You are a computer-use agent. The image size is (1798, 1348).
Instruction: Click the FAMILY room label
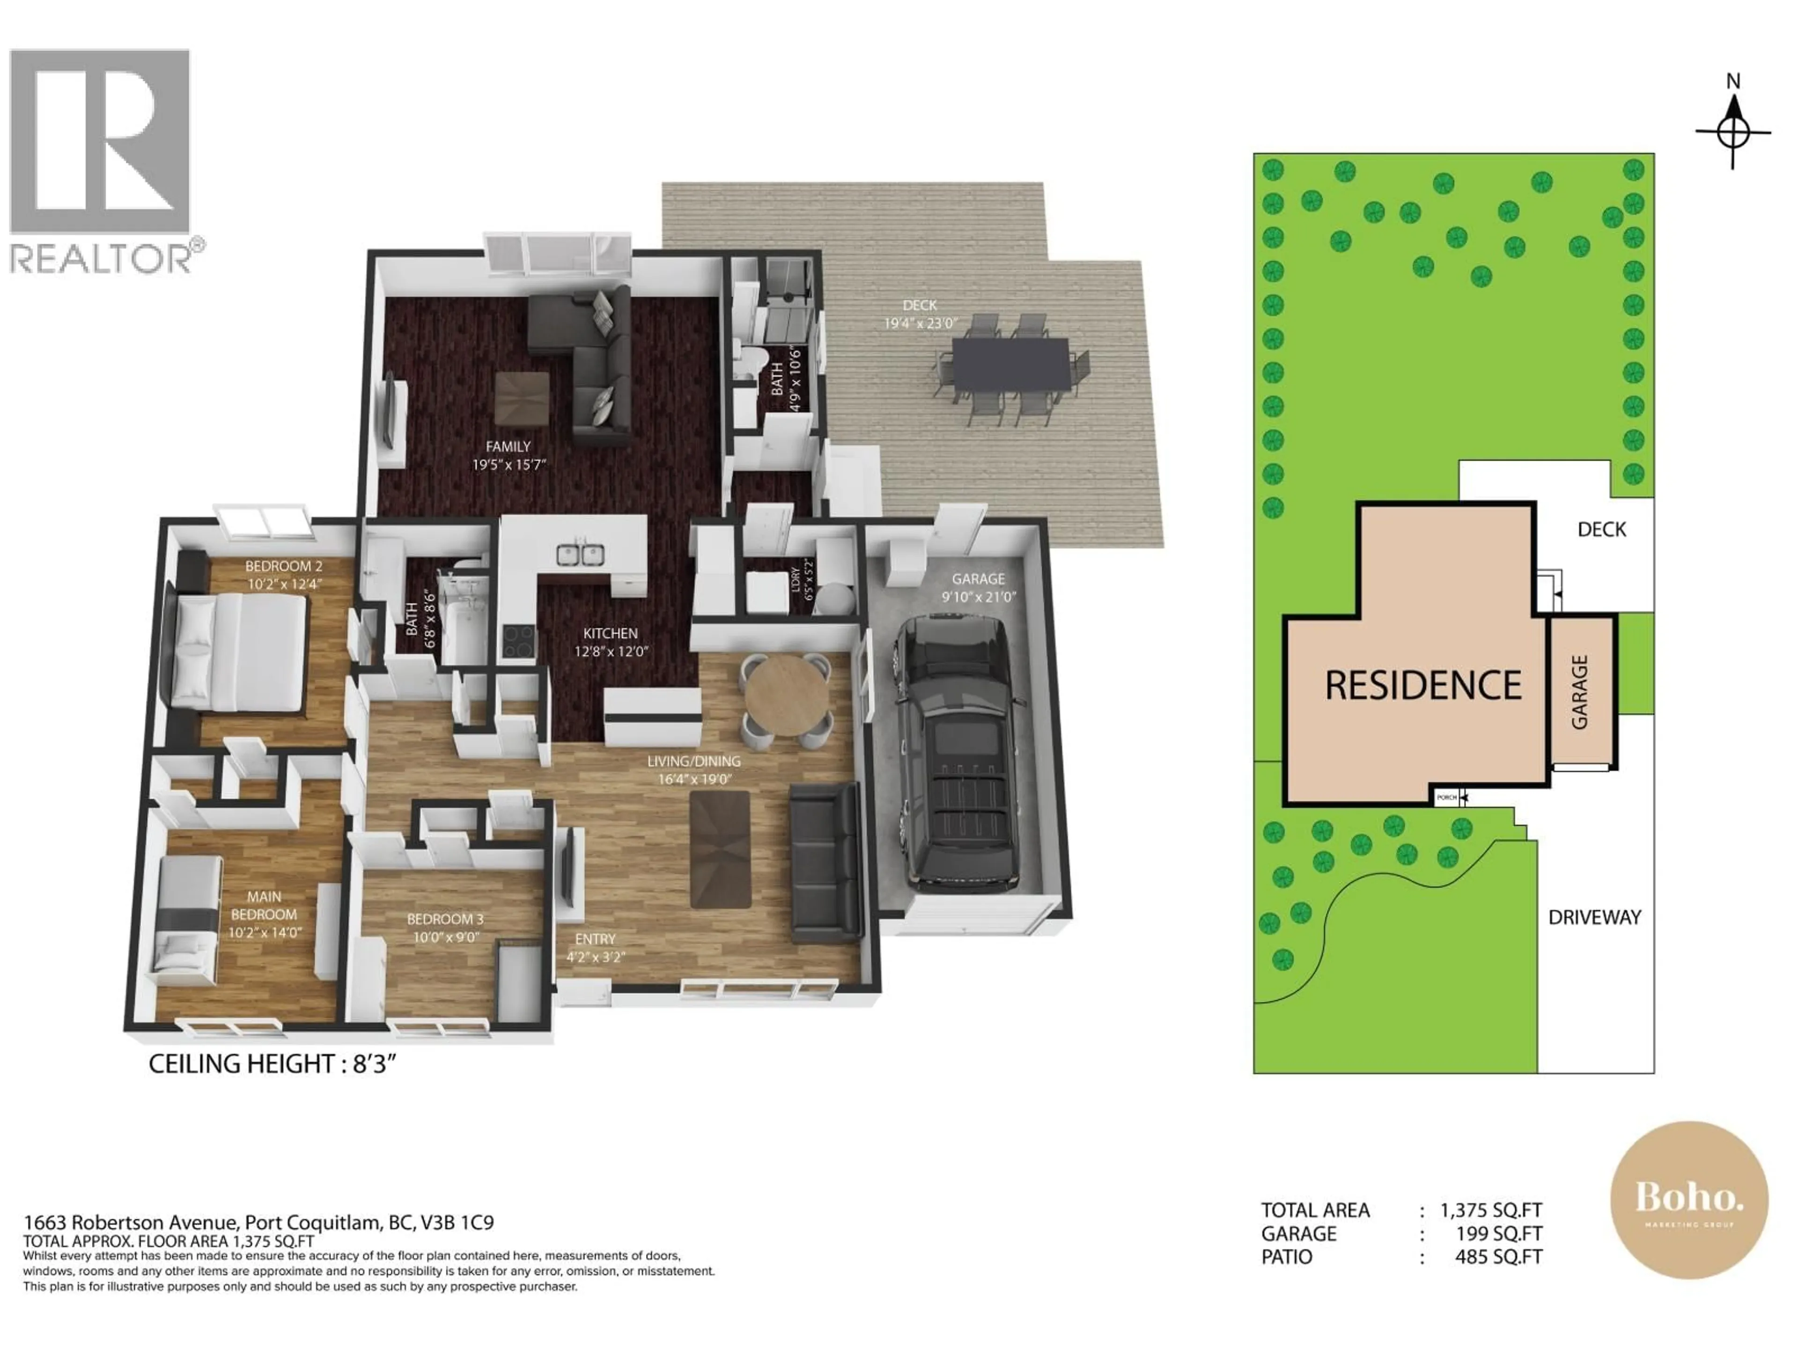coord(508,446)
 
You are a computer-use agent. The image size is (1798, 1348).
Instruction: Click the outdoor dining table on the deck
coord(1010,365)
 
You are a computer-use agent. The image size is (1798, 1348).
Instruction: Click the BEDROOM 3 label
coord(445,919)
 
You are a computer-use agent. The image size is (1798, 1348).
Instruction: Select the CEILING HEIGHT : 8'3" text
coord(272,1063)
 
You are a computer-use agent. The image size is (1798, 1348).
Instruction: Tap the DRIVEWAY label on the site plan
coord(1594,917)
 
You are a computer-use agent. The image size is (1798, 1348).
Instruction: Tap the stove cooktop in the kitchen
coord(519,641)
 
